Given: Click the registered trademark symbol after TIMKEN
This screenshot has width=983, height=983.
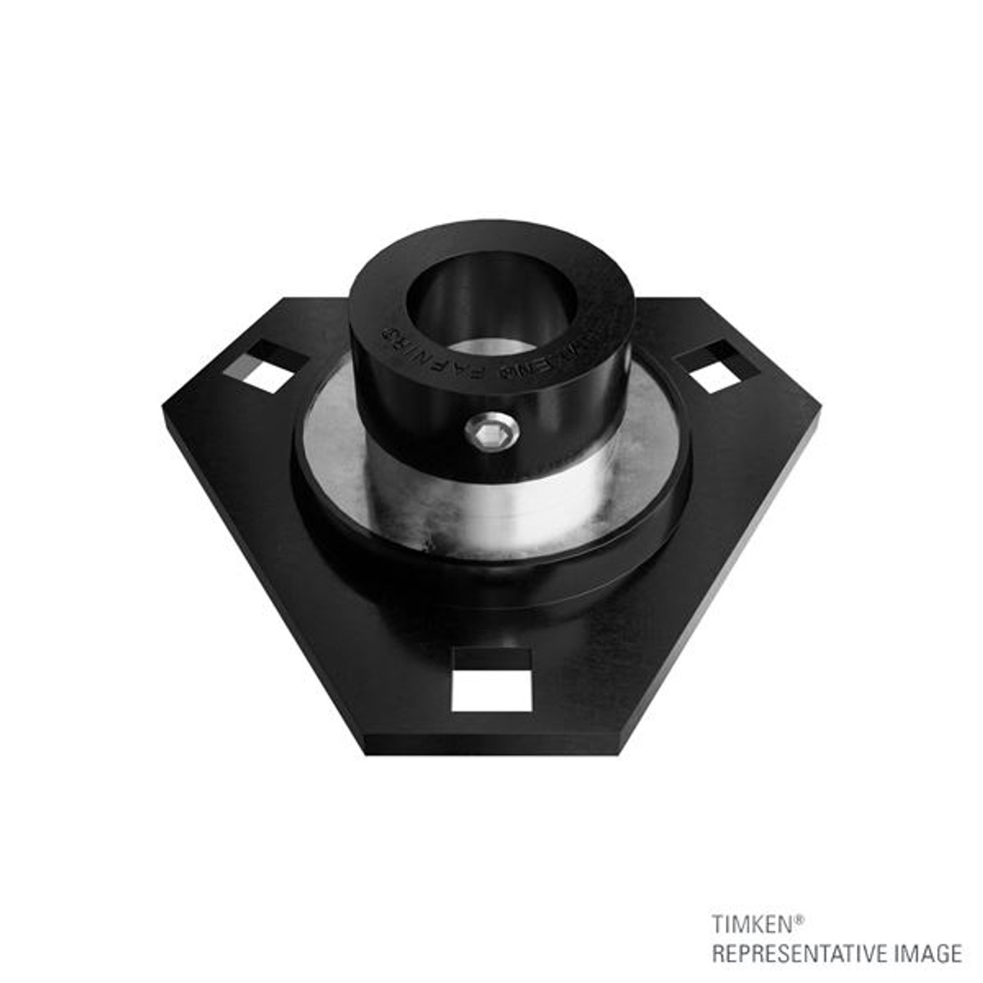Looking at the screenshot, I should click(x=799, y=918).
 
